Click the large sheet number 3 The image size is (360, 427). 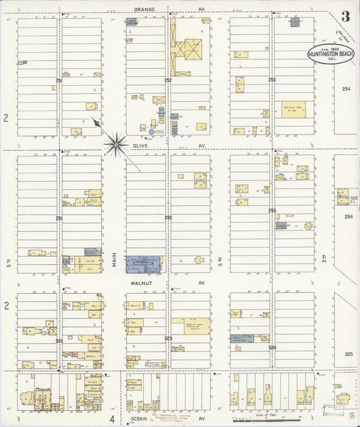tap(345, 17)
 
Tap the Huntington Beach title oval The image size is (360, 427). tap(331, 54)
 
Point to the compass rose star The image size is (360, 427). tap(116, 143)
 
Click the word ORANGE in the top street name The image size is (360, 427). tap(145, 9)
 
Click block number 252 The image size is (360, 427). tap(168, 80)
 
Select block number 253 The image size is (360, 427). tap(272, 80)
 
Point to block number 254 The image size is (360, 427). tap(346, 89)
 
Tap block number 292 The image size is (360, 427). tap(168, 218)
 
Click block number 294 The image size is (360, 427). tap(349, 217)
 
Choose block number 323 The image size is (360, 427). tap(168, 337)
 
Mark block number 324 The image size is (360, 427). tap(272, 347)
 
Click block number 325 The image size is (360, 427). tap(349, 354)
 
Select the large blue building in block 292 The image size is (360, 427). tap(144, 263)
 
